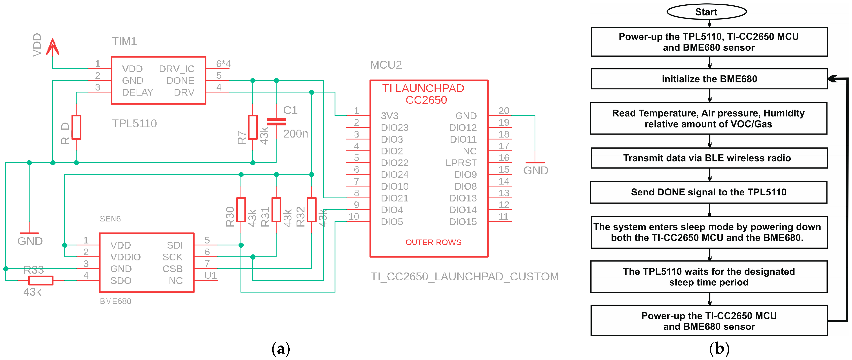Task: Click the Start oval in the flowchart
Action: click(x=706, y=12)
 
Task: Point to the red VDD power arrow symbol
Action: click(x=52, y=47)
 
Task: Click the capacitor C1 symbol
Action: click(x=276, y=122)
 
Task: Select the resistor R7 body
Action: click(x=253, y=127)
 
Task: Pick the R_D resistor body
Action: click(x=76, y=127)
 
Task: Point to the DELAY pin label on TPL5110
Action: click(x=138, y=93)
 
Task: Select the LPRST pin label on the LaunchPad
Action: click(x=461, y=163)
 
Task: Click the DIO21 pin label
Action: click(x=395, y=198)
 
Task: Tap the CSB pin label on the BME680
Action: click(x=172, y=269)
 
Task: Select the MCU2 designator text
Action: click(x=386, y=65)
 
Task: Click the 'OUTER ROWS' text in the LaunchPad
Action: click(x=433, y=242)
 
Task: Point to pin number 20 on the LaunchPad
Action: click(x=504, y=111)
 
